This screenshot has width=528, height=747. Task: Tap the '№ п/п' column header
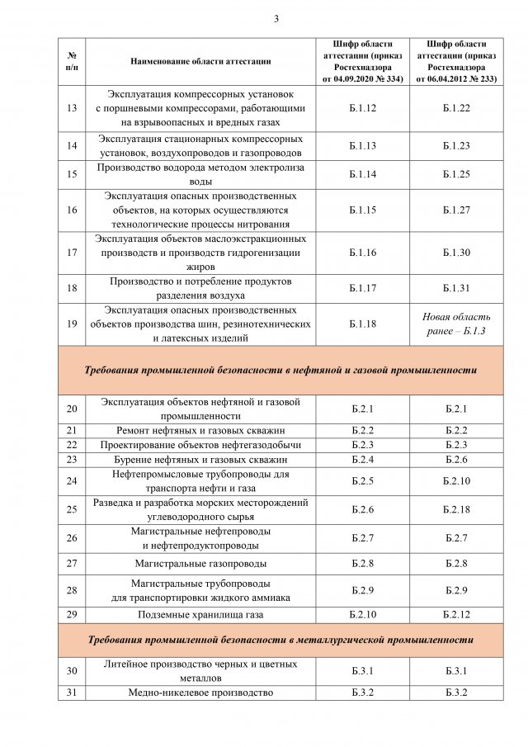[72, 61]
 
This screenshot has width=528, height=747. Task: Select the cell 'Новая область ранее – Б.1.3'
[456, 324]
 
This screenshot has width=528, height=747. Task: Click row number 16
[72, 210]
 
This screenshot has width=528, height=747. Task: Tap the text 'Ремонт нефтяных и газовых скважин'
[200, 430]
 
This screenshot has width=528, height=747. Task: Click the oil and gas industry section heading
[280, 371]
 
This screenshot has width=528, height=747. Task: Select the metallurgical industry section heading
[280, 640]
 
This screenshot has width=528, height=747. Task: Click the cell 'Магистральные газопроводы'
[200, 564]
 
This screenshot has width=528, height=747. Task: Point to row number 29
[72, 615]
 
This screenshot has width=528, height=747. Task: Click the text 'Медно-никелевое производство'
[200, 693]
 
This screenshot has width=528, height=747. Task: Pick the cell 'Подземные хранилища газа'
[200, 615]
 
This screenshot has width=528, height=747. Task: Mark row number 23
[72, 459]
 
